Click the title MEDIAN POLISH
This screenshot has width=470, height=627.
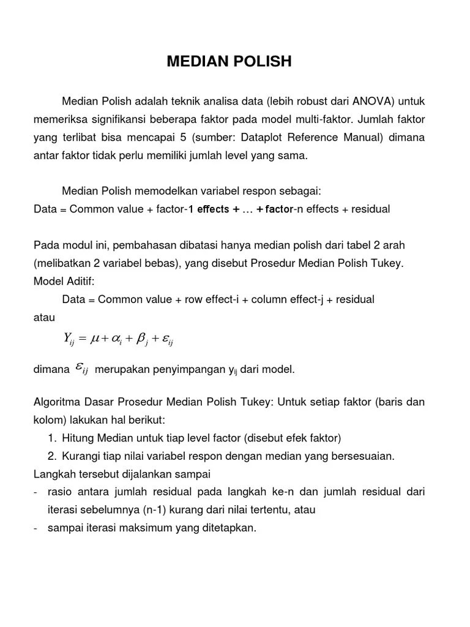click(x=229, y=61)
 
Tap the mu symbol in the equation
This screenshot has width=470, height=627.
click(x=95, y=337)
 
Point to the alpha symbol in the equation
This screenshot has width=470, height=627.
click(x=117, y=338)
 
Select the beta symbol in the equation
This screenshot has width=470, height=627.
click(x=141, y=338)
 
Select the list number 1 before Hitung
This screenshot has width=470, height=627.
click(x=51, y=438)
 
